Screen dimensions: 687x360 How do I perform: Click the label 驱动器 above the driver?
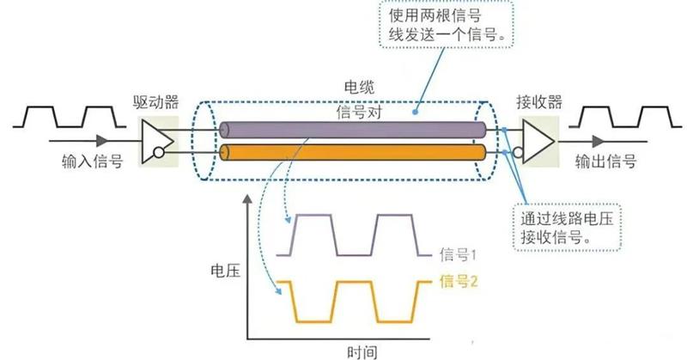pyautogui.click(x=156, y=102)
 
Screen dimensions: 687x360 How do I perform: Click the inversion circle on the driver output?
pyautogui.click(x=159, y=153)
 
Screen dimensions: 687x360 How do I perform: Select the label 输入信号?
pyautogui.click(x=92, y=162)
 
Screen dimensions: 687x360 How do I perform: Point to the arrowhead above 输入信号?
pyautogui.click(x=102, y=141)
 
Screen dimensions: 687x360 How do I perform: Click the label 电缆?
pyautogui.click(x=359, y=88)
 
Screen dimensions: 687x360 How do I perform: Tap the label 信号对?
pyautogui.click(x=359, y=112)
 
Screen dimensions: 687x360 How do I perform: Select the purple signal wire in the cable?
pyautogui.click(x=353, y=131)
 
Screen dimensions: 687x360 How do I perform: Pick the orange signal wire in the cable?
pyautogui.click(x=353, y=152)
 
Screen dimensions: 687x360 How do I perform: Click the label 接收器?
pyautogui.click(x=539, y=102)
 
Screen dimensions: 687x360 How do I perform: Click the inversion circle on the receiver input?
pyautogui.click(x=519, y=153)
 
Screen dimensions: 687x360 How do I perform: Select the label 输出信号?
pyautogui.click(x=605, y=162)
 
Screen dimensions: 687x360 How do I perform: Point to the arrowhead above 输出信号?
pyautogui.click(x=598, y=141)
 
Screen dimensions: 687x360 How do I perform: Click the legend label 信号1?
pyautogui.click(x=458, y=254)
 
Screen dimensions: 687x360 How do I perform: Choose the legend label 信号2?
pyautogui.click(x=459, y=281)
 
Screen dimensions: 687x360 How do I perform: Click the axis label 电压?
pyautogui.click(x=226, y=271)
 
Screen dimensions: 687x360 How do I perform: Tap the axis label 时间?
pyautogui.click(x=362, y=352)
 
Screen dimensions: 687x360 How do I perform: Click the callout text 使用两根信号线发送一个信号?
pyautogui.click(x=444, y=25)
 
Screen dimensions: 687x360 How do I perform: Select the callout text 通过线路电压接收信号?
pyautogui.click(x=567, y=228)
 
